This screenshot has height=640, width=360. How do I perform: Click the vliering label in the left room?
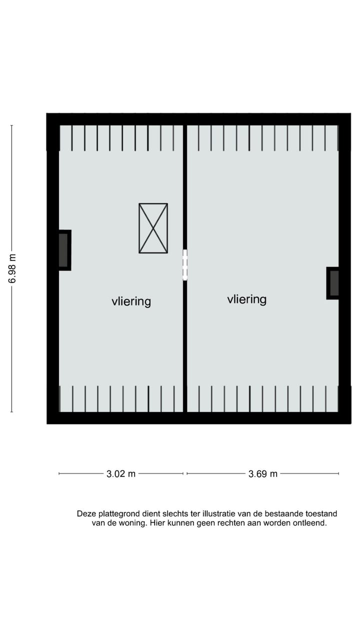coord(131,301)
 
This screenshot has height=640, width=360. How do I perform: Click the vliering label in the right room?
coord(246,299)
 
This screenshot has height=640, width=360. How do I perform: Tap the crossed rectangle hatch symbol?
coord(153,228)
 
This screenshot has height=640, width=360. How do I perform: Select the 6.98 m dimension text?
coord(12,268)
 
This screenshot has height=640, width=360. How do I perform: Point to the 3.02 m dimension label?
coord(121,474)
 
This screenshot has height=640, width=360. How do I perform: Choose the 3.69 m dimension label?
coord(262,474)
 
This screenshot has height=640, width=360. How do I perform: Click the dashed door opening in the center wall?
coord(184,264)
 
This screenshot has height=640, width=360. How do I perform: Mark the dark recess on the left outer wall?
coord(63,250)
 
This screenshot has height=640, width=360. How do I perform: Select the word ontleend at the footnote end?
coord(309,523)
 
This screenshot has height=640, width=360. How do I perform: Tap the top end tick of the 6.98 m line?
coord(11,125)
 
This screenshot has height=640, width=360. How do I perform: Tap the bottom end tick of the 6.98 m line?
coord(11,412)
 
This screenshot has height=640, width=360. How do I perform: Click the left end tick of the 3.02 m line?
coord(59,473)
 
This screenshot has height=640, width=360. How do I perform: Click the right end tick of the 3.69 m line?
coord(338,473)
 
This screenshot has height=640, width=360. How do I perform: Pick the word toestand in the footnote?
coord(320,513)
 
